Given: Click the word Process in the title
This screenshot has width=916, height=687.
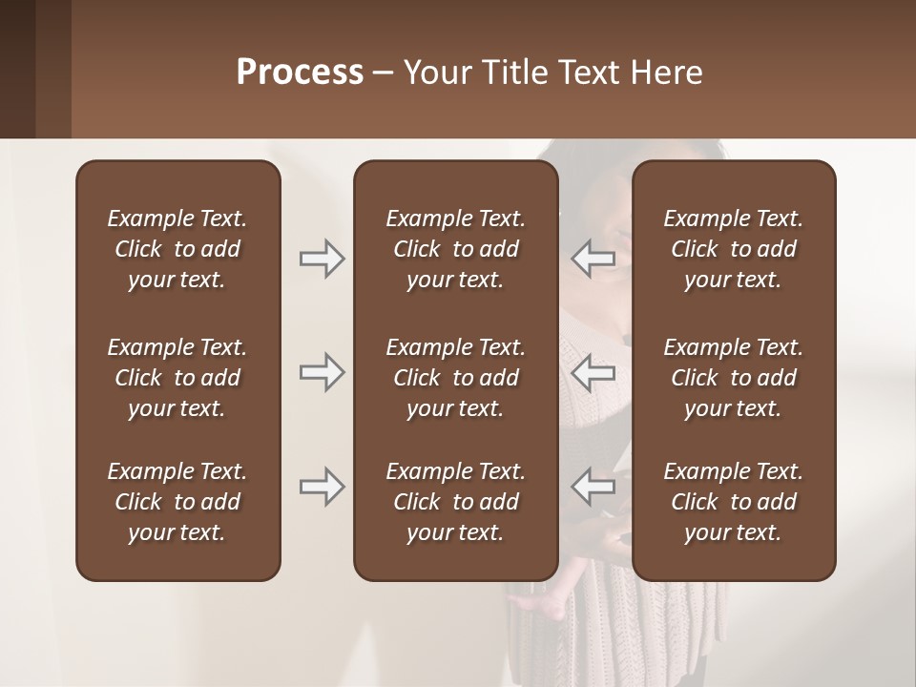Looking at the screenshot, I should point(300,73).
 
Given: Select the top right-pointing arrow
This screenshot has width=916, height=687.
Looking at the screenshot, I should point(322,259).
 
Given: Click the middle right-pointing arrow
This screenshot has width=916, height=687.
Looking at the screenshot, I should point(322,372).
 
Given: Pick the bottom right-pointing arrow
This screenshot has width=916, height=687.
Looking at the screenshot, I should point(322,487).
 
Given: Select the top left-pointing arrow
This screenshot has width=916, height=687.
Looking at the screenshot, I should point(593,259).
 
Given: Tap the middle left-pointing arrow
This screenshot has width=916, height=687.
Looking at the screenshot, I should point(593,372).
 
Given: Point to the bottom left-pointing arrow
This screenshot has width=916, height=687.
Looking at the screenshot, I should point(593,487).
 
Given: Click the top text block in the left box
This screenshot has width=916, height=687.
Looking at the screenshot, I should point(177,249).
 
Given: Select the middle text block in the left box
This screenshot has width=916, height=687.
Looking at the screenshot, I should point(177,378).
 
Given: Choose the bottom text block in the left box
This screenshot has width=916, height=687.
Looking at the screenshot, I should point(177,502).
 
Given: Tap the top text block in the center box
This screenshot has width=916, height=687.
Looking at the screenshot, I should point(455,249).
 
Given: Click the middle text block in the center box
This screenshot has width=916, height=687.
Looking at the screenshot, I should point(455,378).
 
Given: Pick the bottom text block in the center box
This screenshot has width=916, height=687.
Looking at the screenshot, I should point(455,502).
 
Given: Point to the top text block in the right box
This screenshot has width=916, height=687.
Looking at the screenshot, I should point(733,249).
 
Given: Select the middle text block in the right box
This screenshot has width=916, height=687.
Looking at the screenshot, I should point(733,378).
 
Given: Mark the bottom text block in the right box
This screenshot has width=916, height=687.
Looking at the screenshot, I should point(733,502).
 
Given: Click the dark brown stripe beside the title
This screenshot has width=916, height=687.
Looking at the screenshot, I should point(17,69).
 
